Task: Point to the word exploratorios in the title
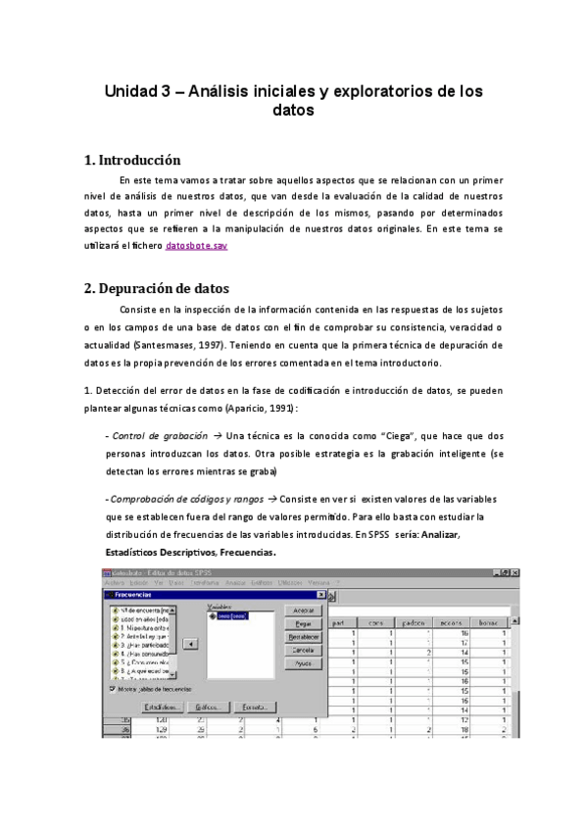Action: click(x=379, y=91)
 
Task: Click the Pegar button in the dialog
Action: click(x=303, y=623)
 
